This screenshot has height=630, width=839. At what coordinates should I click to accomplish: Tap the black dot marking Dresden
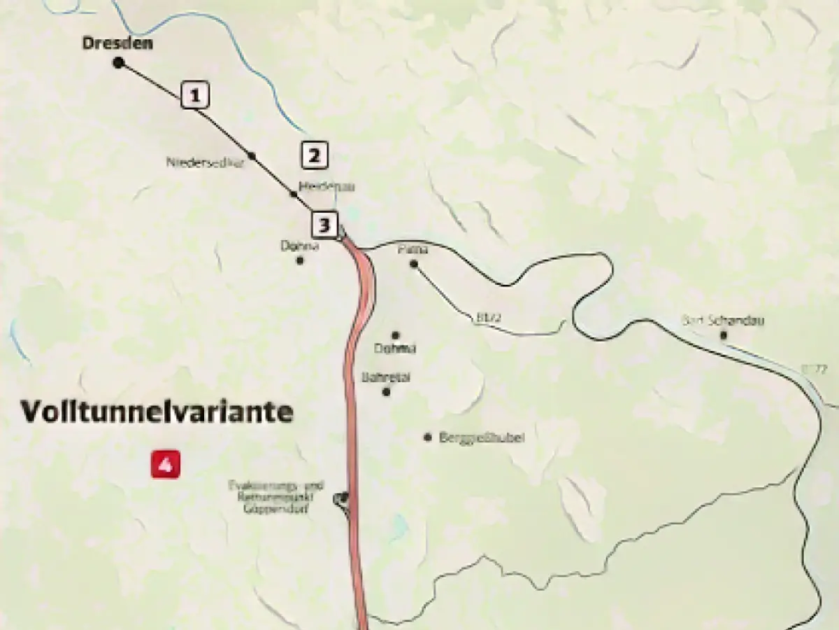(x=118, y=63)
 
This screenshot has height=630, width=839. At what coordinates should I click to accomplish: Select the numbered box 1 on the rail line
(x=195, y=94)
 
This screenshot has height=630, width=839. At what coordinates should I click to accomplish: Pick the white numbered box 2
(x=314, y=155)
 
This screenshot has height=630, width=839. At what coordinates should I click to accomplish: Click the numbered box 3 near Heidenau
(x=324, y=225)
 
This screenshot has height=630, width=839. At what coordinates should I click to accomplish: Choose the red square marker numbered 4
(x=166, y=464)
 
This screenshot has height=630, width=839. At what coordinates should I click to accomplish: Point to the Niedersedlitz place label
(x=199, y=162)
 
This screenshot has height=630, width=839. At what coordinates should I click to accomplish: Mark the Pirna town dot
(x=414, y=264)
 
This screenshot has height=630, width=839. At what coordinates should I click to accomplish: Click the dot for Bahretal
(x=386, y=391)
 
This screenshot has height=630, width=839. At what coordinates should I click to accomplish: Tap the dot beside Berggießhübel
(x=427, y=437)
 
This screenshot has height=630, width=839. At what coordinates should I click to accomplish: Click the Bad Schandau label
(x=723, y=321)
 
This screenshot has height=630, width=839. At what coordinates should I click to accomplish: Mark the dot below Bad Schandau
(x=724, y=335)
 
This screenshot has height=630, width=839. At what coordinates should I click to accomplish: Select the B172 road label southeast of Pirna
(x=487, y=317)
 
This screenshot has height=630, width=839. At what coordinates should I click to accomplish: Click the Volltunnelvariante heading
(x=157, y=412)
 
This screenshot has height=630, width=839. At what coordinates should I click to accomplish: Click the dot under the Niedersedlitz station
(x=252, y=155)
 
